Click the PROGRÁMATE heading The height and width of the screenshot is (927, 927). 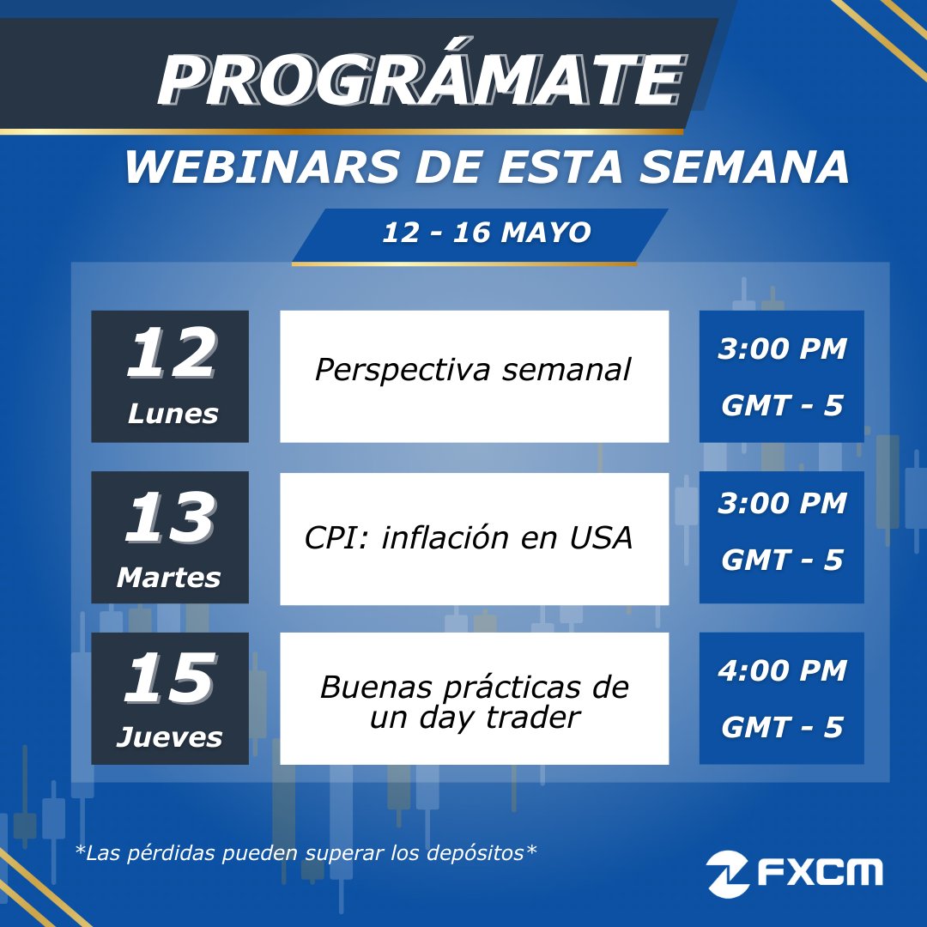click(421, 82)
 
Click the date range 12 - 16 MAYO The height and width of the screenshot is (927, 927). click(486, 233)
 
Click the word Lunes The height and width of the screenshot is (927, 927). click(173, 415)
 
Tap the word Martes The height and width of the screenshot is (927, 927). click(168, 578)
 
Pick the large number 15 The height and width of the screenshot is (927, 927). click(168, 679)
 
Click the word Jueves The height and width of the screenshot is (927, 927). click(169, 737)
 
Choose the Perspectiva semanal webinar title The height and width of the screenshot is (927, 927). click(473, 370)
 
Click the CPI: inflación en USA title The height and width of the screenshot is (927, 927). click(469, 538)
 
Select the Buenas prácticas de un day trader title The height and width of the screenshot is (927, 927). click(474, 702)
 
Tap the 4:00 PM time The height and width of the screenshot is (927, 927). click(782, 670)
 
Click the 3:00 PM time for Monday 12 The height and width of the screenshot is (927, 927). click(782, 349)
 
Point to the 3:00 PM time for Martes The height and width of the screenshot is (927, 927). click(782, 504)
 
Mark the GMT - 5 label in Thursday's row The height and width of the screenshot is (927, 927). click(782, 728)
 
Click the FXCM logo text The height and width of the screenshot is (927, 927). click(820, 873)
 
